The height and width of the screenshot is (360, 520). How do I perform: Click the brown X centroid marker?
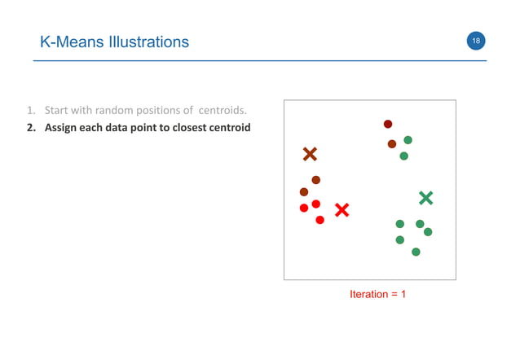click(310, 154)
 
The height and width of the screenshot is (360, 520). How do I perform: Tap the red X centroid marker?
click(342, 210)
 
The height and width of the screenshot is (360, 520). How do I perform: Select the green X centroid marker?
click(425, 197)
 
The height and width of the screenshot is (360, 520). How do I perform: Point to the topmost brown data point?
click(388, 124)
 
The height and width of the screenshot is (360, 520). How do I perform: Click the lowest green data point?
click(416, 252)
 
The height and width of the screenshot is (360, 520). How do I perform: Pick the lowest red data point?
click(319, 220)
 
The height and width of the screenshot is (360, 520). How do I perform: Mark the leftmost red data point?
click(304, 208)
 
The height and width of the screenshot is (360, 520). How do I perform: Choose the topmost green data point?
click(408, 140)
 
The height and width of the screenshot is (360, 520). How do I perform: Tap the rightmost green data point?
click(428, 232)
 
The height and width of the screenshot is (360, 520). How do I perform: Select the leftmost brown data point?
click(304, 192)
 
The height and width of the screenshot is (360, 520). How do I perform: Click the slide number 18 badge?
click(475, 42)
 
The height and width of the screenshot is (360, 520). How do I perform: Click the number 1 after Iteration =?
click(403, 294)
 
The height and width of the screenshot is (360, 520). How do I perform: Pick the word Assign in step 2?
click(62, 128)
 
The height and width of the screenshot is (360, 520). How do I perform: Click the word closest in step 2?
click(184, 128)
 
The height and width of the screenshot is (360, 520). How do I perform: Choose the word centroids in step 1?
click(220, 110)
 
